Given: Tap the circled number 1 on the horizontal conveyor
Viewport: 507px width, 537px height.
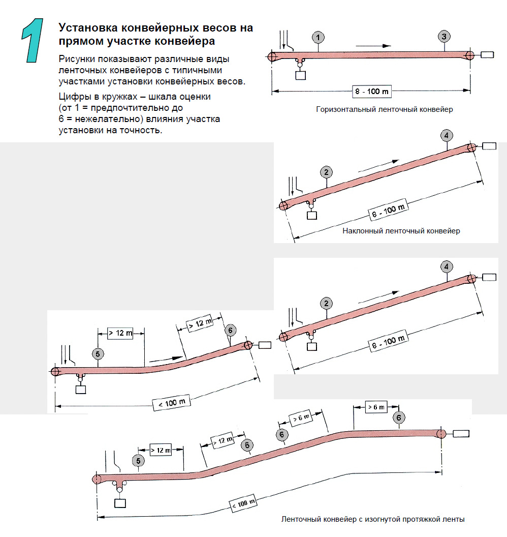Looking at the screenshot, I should [318, 37].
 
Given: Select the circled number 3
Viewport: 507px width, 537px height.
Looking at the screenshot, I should [444, 36].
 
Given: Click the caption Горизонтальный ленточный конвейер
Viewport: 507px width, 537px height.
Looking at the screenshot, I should [384, 109].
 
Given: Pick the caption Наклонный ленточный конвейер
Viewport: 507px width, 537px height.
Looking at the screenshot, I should [401, 231].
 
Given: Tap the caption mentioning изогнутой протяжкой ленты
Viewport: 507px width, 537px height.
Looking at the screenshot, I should [373, 519].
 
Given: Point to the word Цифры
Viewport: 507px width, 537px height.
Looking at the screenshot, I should [73, 96].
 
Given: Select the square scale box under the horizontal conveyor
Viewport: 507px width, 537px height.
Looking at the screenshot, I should [301, 75].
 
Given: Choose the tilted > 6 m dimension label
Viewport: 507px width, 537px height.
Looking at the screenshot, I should [301, 419].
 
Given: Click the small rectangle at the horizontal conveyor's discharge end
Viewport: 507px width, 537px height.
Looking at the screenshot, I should [487, 55].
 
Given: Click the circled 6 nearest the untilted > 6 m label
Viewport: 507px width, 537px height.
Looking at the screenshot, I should [399, 417].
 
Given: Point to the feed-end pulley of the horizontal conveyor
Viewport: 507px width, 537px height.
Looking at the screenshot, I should [272, 56].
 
